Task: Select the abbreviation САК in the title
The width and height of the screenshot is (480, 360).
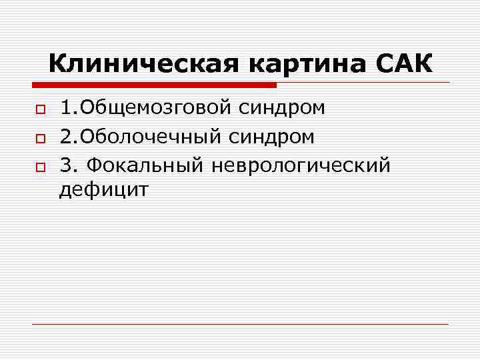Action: (x=404, y=65)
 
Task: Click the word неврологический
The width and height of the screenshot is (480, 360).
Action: (x=300, y=164)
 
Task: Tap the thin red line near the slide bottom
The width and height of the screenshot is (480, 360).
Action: (x=240, y=324)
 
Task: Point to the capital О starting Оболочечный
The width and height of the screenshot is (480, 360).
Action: (x=87, y=137)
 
